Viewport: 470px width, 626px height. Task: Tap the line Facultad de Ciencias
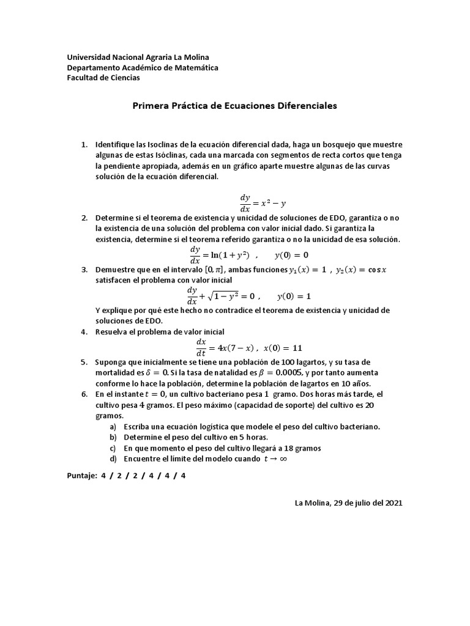tap(103, 78)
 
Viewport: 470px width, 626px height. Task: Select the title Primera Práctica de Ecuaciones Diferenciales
tap(235, 106)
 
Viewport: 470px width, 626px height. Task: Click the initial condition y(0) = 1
tap(294, 296)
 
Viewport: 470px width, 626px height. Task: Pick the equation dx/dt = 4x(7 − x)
tap(224, 348)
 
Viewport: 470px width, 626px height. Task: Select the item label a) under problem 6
tap(113, 426)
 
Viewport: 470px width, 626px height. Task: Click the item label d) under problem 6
tap(113, 458)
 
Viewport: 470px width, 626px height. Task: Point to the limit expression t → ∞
tap(275, 458)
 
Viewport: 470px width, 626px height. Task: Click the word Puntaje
tap(81, 475)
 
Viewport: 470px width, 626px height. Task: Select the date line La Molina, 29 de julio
tap(348, 503)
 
